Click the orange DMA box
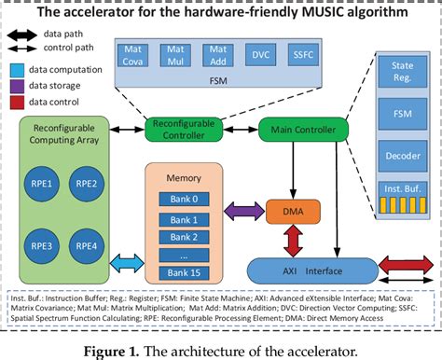(x=285, y=214)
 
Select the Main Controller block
(x=303, y=130)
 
